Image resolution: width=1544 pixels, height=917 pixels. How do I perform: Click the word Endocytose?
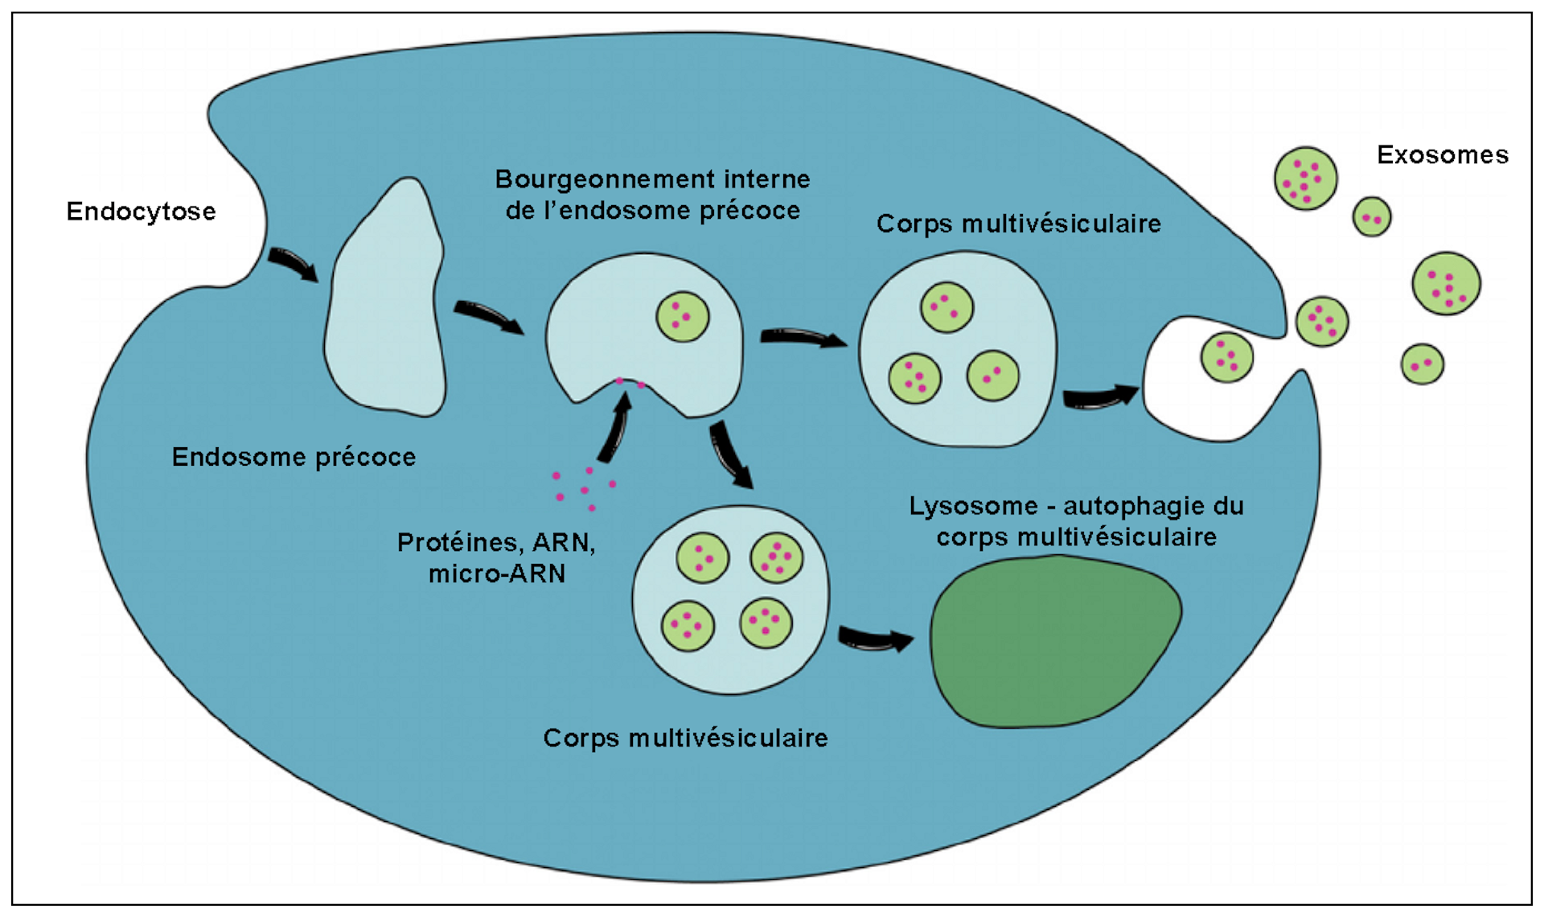coord(141,212)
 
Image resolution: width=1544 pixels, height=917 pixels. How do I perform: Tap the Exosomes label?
coord(1442,154)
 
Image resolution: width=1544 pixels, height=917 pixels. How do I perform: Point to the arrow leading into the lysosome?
coord(875,639)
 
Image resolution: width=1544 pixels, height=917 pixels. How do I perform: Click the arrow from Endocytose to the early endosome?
coord(293,264)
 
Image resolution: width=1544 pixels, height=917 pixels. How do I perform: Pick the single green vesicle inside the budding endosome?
coord(683,316)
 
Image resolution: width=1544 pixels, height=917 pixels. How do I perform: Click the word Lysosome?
coord(973,506)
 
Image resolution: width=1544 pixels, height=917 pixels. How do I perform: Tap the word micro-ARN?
coord(496,574)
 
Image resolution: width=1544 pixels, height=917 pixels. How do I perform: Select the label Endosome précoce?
coord(294,457)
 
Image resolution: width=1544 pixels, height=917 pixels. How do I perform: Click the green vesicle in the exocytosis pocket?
coord(1226,357)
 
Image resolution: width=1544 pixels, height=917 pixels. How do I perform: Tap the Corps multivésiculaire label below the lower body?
coord(685,738)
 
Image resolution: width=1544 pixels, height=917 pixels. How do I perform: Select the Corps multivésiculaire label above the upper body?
coord(1018,223)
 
